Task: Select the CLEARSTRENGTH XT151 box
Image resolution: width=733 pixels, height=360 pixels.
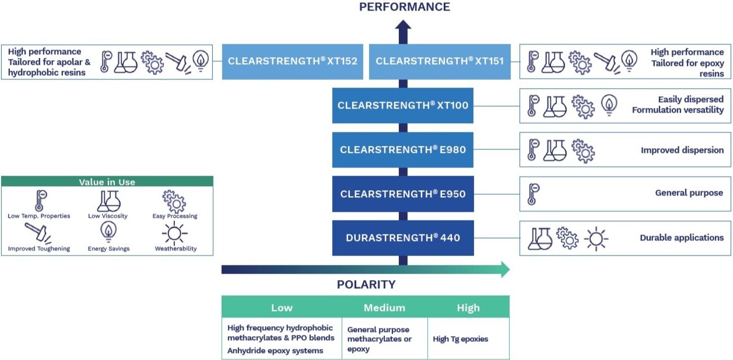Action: coord(440,61)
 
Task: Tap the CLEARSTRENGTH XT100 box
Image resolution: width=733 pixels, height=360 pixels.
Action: coord(402,106)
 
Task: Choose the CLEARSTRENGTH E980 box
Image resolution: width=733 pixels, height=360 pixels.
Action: coord(402,150)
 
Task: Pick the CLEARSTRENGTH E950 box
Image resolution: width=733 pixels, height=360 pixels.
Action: coord(402,194)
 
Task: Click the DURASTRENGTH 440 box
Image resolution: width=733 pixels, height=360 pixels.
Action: coord(402,238)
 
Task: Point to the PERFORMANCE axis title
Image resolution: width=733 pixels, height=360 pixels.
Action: coord(404,7)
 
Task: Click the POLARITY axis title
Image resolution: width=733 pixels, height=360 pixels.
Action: coord(366,285)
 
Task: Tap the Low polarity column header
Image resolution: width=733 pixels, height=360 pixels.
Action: coord(282,307)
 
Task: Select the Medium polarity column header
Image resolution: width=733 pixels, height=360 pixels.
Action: coord(384,307)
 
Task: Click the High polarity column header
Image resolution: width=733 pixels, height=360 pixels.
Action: coord(468,307)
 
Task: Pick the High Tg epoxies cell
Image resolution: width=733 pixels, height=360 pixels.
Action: coord(461,338)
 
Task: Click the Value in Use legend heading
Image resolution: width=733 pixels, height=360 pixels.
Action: coord(107,182)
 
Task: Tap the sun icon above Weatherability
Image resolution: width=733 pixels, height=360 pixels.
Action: coord(175,233)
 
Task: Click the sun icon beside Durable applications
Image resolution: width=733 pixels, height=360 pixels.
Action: coord(596,238)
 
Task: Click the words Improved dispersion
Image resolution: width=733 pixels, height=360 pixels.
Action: coord(682,150)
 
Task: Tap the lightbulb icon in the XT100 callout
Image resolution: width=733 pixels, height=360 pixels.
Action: coord(608,106)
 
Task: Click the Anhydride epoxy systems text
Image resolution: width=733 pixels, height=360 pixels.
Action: coord(275,351)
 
